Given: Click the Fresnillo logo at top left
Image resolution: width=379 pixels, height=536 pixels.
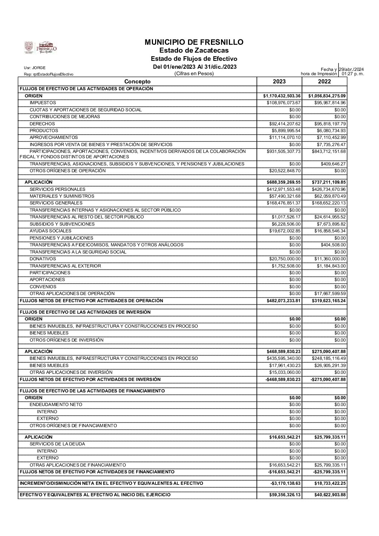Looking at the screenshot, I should tap(40, 47).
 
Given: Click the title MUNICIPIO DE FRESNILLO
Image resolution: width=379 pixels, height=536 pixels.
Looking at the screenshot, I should tap(194, 42).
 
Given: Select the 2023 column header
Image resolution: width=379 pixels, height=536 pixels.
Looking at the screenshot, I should tap(279, 82).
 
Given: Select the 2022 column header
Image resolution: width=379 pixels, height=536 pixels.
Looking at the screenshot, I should tap(324, 82).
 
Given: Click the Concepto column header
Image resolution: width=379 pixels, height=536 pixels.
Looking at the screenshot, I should tap(138, 82).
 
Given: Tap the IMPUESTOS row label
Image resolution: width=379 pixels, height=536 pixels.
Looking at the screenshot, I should tap(43, 103).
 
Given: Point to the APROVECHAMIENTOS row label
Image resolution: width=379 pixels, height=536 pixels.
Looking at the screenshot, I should tap(53, 137).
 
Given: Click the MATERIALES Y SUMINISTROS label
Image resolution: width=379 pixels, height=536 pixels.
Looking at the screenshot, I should tap(62, 196).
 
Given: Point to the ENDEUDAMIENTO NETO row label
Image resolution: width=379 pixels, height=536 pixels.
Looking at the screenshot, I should tap(56, 405).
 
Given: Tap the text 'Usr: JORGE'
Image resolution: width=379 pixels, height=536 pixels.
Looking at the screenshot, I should tap(35, 68).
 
